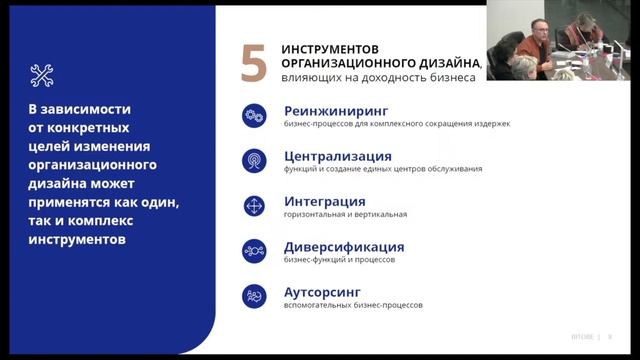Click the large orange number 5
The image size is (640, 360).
pyautogui.click(x=254, y=63)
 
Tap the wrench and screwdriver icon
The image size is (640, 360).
pyautogui.click(x=42, y=74)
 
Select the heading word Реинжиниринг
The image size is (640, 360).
pyautogui.click(x=335, y=110)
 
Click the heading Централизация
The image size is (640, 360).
pyautogui.click(x=337, y=156)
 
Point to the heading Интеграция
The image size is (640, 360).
pyautogui.click(x=324, y=201)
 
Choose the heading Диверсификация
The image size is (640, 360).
pyautogui.click(x=344, y=246)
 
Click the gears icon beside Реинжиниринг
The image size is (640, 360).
pyautogui.click(x=254, y=115)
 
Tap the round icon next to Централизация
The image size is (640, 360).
pyautogui.click(x=254, y=160)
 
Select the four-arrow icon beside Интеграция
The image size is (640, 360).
pyautogui.click(x=254, y=206)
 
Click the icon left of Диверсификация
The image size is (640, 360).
pyautogui.click(x=254, y=251)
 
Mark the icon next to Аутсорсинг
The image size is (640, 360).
pyautogui.click(x=254, y=296)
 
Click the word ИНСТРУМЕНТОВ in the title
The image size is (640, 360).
pyautogui.click(x=330, y=48)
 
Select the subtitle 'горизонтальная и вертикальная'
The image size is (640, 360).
pyautogui.click(x=345, y=214)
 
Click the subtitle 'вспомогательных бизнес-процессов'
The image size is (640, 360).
pyautogui.click(x=353, y=305)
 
